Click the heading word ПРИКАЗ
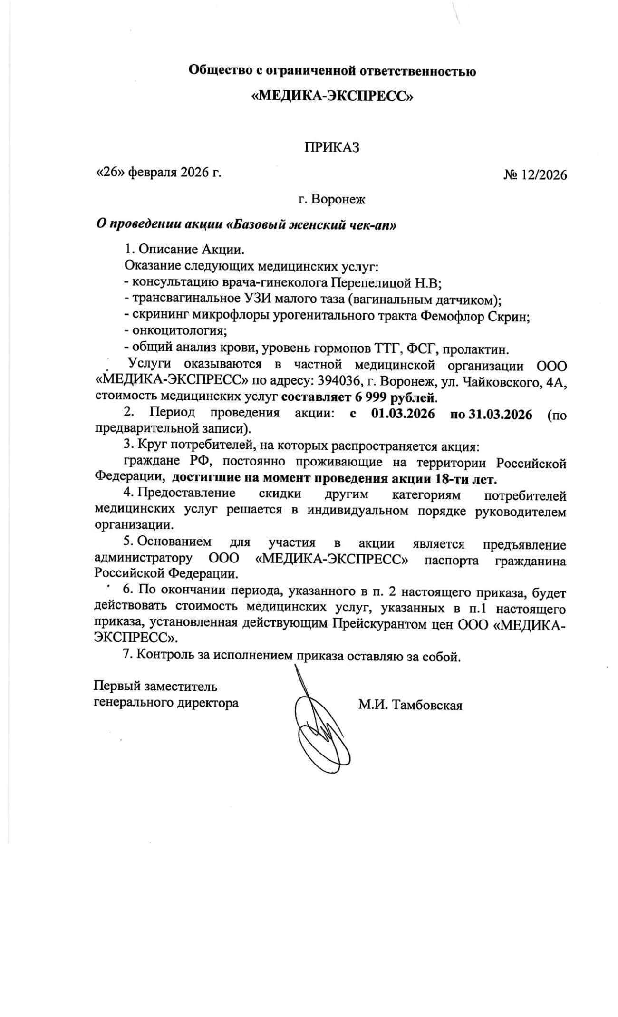[x=332, y=147]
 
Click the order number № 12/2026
[x=535, y=175]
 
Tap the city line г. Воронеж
[x=332, y=199]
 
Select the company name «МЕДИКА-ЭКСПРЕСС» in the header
[x=332, y=97]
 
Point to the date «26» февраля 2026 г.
[x=159, y=172]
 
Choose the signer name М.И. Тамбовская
[x=410, y=705]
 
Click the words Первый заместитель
[x=155, y=686]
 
